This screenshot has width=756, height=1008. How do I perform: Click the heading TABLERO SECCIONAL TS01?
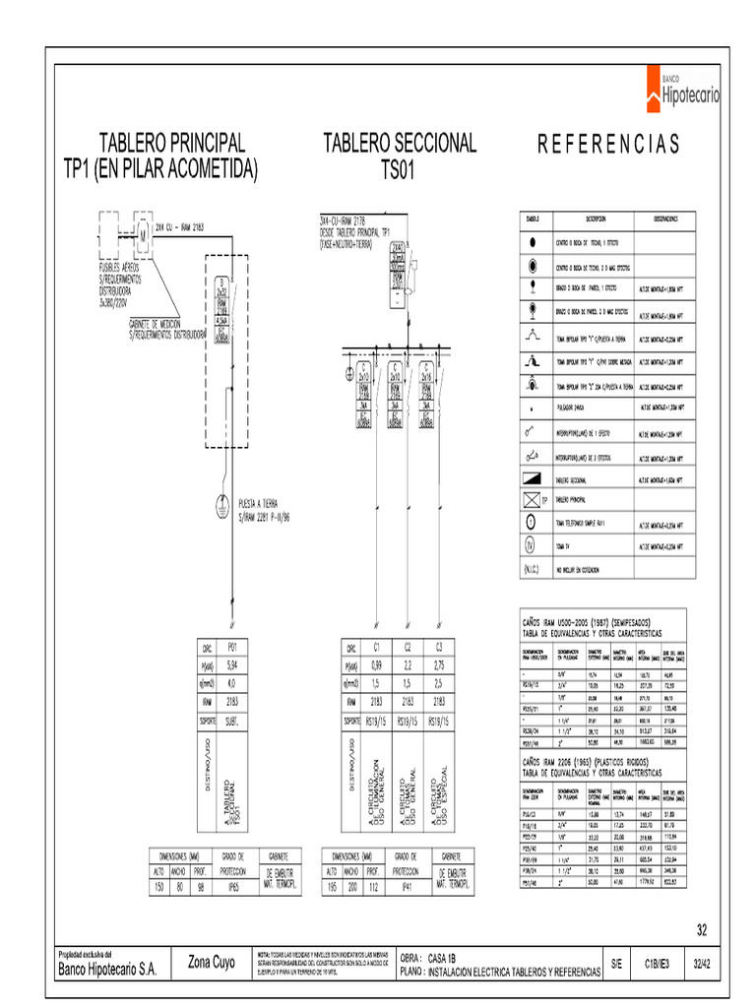coord(400,156)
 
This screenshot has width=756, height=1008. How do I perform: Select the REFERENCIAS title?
coord(607,145)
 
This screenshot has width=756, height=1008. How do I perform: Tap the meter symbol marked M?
coord(141,234)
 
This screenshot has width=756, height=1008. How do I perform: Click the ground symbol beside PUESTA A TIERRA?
coord(223,506)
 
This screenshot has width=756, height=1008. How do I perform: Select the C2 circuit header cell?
coord(408,648)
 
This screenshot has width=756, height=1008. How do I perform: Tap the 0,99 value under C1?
coord(376,665)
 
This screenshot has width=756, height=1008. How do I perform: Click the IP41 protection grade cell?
coord(402,886)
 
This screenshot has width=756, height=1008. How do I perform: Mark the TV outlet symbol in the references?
coord(530,544)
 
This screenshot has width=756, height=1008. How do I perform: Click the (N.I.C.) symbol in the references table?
coord(530,569)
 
